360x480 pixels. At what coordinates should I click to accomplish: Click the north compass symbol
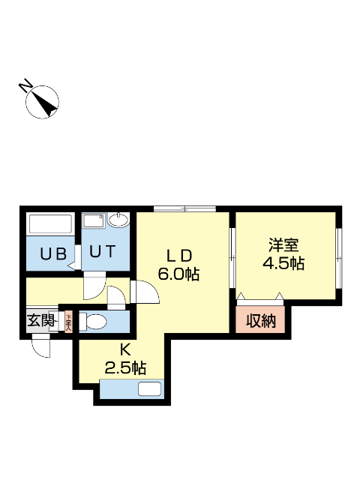[43, 102]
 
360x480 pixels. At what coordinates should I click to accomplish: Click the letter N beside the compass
[25, 85]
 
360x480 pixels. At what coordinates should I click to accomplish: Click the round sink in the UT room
[118, 220]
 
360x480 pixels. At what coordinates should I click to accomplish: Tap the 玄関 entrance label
[41, 321]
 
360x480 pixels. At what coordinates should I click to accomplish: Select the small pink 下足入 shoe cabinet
[67, 322]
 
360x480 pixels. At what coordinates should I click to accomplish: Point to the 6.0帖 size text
[178, 274]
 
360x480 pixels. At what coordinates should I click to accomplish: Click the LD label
[178, 253]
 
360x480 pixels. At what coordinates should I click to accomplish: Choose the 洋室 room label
[284, 244]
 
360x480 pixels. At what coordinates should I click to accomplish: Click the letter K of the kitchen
[125, 349]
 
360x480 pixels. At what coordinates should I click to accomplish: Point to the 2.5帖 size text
[124, 367]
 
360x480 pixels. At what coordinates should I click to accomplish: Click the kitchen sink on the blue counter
[149, 389]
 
